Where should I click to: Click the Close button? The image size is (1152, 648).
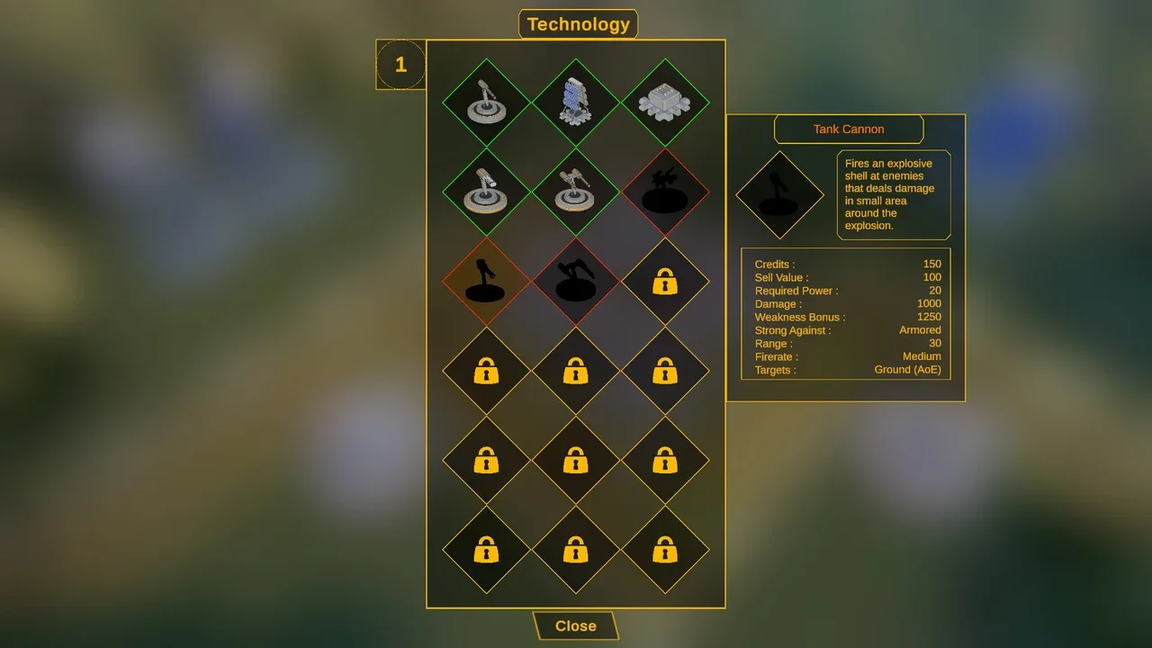(x=575, y=625)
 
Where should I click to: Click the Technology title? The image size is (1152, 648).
(x=578, y=24)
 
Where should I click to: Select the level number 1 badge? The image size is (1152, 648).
(x=400, y=65)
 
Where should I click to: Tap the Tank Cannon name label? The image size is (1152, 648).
(x=849, y=129)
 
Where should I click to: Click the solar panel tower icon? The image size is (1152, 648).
(x=575, y=102)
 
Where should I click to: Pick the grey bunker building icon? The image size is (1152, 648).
(x=665, y=102)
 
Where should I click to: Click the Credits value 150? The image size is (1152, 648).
(x=931, y=264)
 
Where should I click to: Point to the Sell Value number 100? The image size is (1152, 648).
(x=931, y=277)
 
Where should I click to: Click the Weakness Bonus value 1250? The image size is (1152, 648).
(x=929, y=317)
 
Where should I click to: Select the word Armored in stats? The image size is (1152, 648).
(x=920, y=330)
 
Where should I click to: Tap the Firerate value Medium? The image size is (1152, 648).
(x=922, y=356)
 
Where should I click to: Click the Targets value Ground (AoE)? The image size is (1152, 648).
(x=908, y=370)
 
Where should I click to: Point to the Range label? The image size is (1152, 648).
(x=773, y=344)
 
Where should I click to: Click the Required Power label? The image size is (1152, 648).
(x=796, y=291)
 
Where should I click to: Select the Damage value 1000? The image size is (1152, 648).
(x=929, y=303)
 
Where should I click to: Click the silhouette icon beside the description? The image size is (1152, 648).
(x=779, y=195)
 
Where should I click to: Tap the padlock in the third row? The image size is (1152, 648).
(x=665, y=281)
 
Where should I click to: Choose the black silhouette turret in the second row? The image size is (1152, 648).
(x=665, y=189)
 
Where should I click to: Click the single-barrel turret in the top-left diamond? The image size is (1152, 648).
(x=486, y=102)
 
